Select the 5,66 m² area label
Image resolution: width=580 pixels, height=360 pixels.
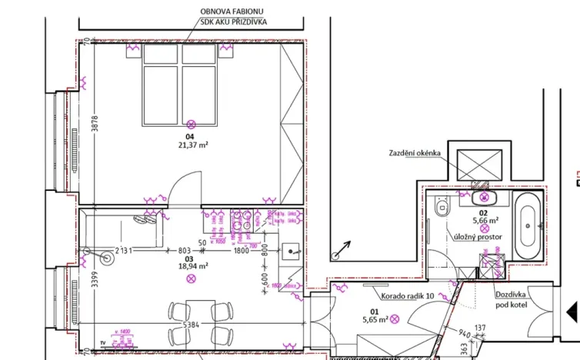tap(484, 219)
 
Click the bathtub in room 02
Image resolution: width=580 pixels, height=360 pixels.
tap(528, 227)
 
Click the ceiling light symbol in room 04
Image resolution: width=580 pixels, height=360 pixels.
tap(192, 123)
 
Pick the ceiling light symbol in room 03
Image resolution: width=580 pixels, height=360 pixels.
tap(191, 278)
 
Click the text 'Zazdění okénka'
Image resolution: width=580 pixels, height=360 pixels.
tap(415, 153)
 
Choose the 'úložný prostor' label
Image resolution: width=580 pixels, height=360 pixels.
tap(478, 238)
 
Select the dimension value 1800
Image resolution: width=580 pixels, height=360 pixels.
tap(241, 251)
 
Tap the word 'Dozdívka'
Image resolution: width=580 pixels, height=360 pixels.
tap(510, 295)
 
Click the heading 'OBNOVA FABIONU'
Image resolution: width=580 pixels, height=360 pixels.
tap(234, 11)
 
